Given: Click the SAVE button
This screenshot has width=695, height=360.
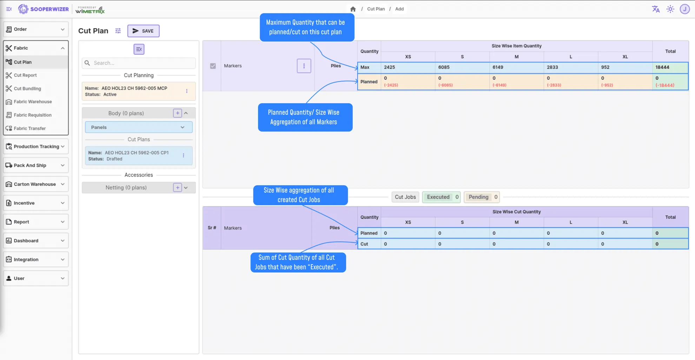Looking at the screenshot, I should tap(143, 31).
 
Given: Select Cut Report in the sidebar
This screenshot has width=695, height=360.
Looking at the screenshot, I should tap(25, 75).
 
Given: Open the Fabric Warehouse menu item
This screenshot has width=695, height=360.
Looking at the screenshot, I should tap(33, 102).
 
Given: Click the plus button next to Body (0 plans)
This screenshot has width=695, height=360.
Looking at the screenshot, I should tap(178, 113).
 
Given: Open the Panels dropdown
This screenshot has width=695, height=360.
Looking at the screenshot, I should tap(139, 127).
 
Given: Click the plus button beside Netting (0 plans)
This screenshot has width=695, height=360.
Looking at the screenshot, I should tap(178, 188).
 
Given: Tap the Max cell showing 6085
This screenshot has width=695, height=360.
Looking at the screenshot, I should tap(444, 67).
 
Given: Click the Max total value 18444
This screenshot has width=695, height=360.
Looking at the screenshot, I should tap(662, 67).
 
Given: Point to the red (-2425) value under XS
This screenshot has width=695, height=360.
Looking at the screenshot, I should tap(391, 85).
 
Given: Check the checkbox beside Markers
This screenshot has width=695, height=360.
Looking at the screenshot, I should tap(213, 66).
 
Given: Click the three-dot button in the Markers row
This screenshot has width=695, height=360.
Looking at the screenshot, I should tap(304, 66).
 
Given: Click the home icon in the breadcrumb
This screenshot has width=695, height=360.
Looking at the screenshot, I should tap(353, 9).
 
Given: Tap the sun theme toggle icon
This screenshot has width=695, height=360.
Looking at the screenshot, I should tap(670, 9).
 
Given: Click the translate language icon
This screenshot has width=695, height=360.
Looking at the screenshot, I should tap(655, 9).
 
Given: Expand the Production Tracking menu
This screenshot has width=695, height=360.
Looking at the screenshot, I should tap(36, 146).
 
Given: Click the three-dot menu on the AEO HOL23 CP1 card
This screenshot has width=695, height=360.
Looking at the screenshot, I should tap(183, 155).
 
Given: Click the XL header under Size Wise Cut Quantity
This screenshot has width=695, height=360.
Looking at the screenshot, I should tap(625, 222).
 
